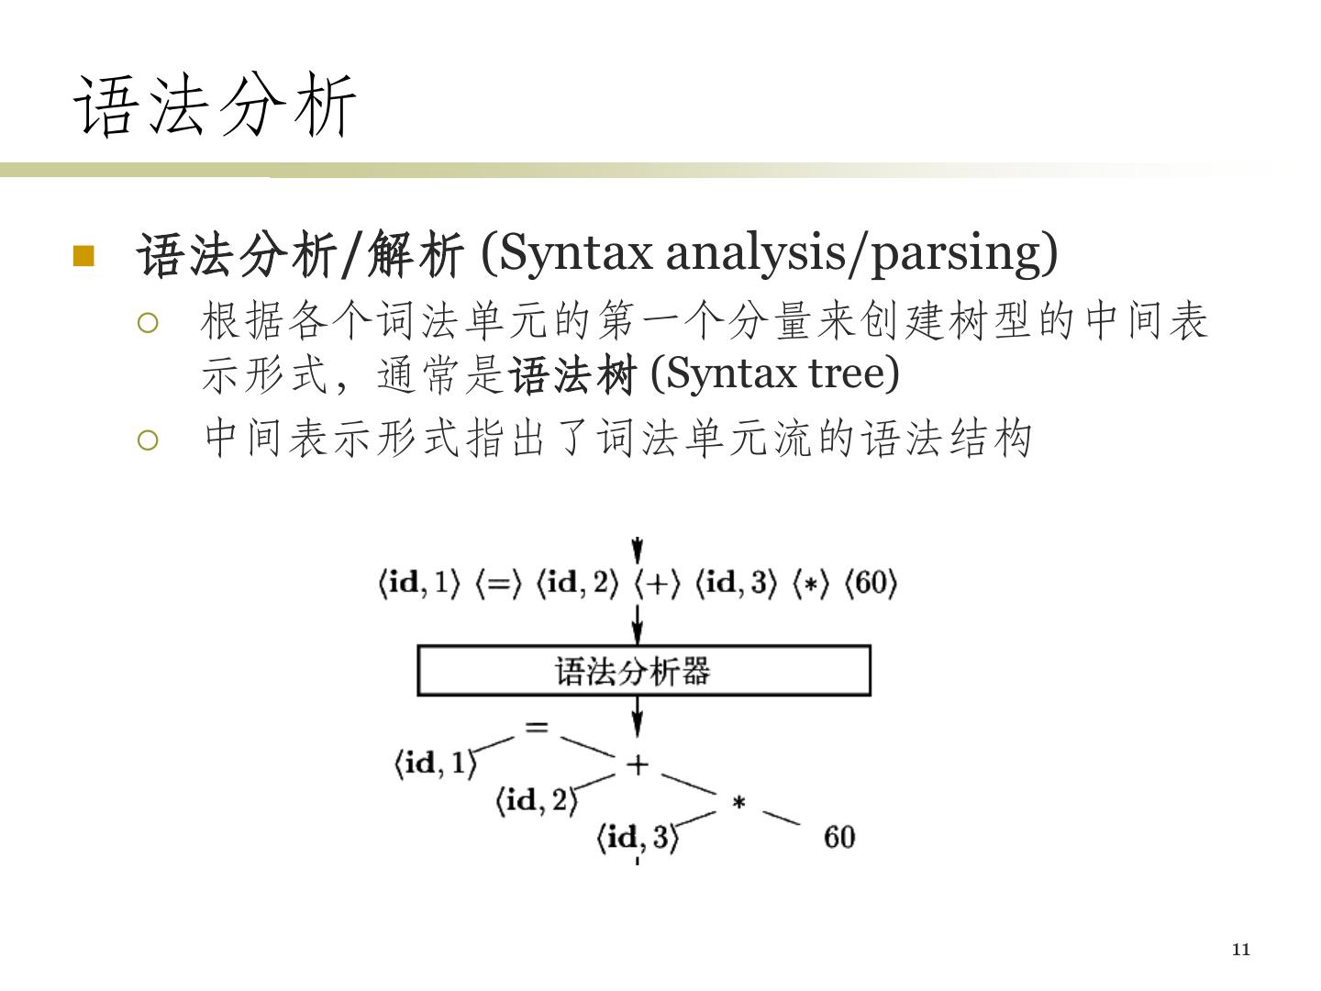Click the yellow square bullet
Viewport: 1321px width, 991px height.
coord(83,255)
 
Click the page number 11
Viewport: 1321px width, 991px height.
coord(1240,950)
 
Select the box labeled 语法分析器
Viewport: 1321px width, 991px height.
coord(643,671)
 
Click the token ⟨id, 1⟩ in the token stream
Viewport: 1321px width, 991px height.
coord(418,584)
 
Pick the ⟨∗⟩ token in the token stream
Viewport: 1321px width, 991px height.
coord(810,584)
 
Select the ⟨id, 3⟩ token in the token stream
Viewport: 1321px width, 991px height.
coord(737,584)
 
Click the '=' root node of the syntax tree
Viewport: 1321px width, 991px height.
coord(537,728)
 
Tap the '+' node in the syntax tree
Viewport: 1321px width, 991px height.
coord(637,763)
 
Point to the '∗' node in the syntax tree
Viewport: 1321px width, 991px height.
coord(738,804)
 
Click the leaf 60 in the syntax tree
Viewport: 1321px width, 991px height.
coord(839,837)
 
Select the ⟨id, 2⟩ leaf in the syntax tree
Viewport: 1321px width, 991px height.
coord(537,801)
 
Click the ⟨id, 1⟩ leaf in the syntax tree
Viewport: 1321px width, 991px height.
coord(436,763)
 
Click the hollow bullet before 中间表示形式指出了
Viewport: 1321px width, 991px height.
coord(148,440)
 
